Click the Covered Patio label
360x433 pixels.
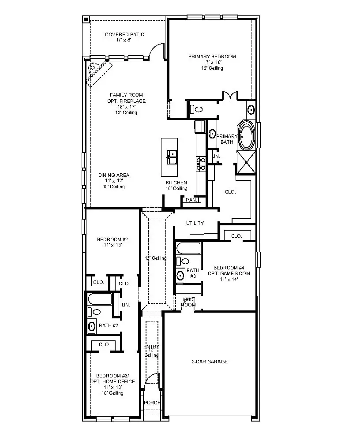(124, 37)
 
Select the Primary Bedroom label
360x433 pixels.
(212, 62)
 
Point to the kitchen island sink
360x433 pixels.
(172, 154)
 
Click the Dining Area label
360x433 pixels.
(113, 181)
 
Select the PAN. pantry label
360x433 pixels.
(191, 200)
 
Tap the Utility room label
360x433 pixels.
(195, 223)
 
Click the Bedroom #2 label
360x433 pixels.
(112, 242)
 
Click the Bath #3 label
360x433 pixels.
(192, 273)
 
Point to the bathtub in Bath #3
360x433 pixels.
(188, 250)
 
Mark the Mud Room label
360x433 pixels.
(189, 302)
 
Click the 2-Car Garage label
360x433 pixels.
(210, 362)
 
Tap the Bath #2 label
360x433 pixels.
(108, 325)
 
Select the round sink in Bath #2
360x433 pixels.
(91, 326)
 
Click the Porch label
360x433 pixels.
(152, 403)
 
